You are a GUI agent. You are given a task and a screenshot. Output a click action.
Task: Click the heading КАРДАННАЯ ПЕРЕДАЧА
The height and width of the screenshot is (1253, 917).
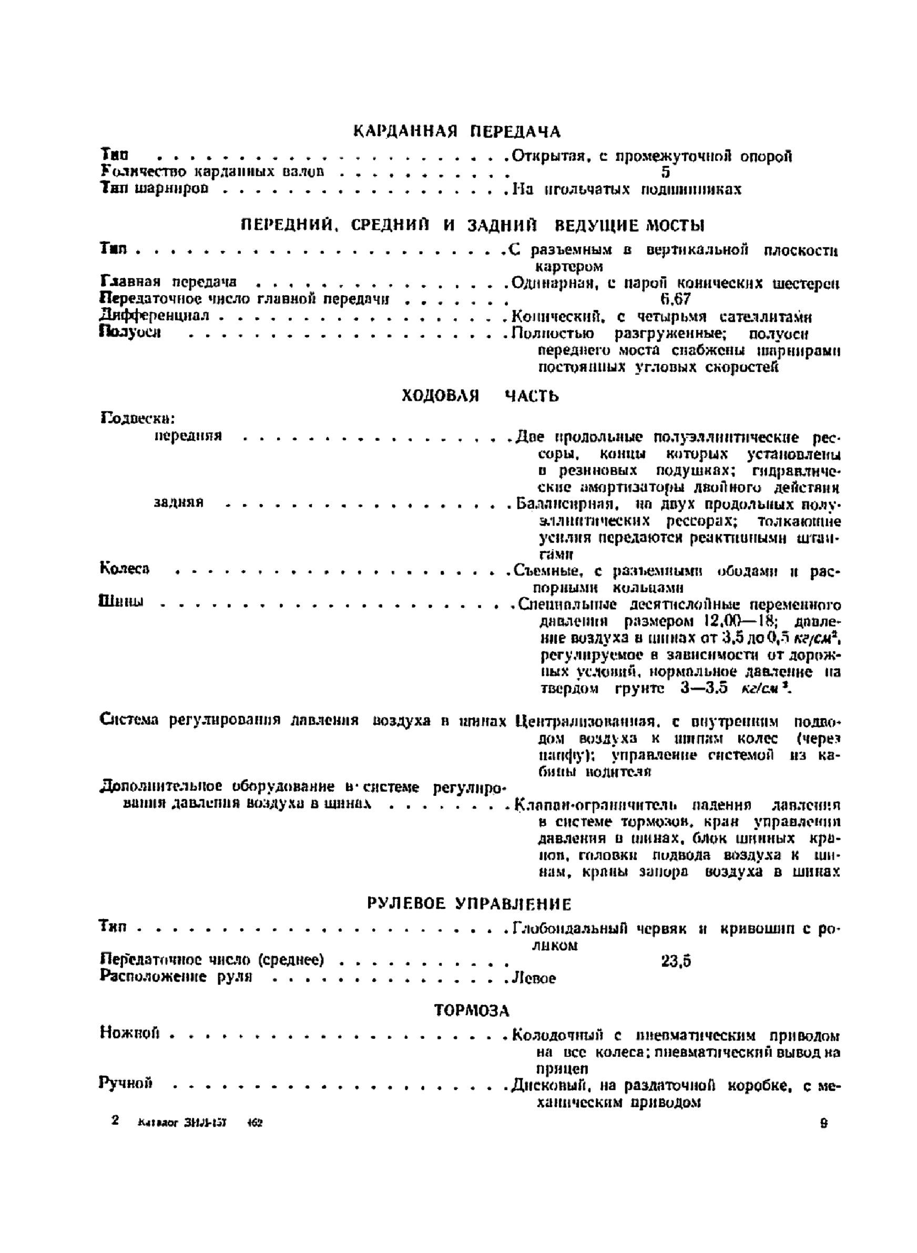pyautogui.click(x=457, y=132)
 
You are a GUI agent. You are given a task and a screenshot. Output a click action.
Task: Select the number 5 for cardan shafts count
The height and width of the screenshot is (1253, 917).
pyautogui.click(x=666, y=173)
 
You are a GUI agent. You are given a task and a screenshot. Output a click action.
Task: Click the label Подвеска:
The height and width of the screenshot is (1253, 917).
pyautogui.click(x=138, y=418)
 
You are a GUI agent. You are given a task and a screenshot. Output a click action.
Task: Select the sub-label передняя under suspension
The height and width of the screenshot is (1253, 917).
pyautogui.click(x=188, y=436)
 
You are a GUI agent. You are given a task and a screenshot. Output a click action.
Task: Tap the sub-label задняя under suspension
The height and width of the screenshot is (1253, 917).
pyautogui.click(x=179, y=502)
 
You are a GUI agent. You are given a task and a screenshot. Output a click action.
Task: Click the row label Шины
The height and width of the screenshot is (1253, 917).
pyautogui.click(x=121, y=602)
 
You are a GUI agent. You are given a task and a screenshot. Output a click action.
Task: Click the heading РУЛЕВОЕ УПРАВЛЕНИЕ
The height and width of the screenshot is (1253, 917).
pyautogui.click(x=469, y=904)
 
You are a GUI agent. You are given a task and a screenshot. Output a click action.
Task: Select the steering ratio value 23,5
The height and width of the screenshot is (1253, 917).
pyautogui.click(x=676, y=961)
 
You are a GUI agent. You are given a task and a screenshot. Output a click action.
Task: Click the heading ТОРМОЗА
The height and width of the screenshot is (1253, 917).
pyautogui.click(x=472, y=1011)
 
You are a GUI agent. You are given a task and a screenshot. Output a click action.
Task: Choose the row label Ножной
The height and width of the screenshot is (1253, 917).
pyautogui.click(x=130, y=1033)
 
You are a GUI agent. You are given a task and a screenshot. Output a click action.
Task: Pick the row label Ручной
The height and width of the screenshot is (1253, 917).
pyautogui.click(x=126, y=1083)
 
